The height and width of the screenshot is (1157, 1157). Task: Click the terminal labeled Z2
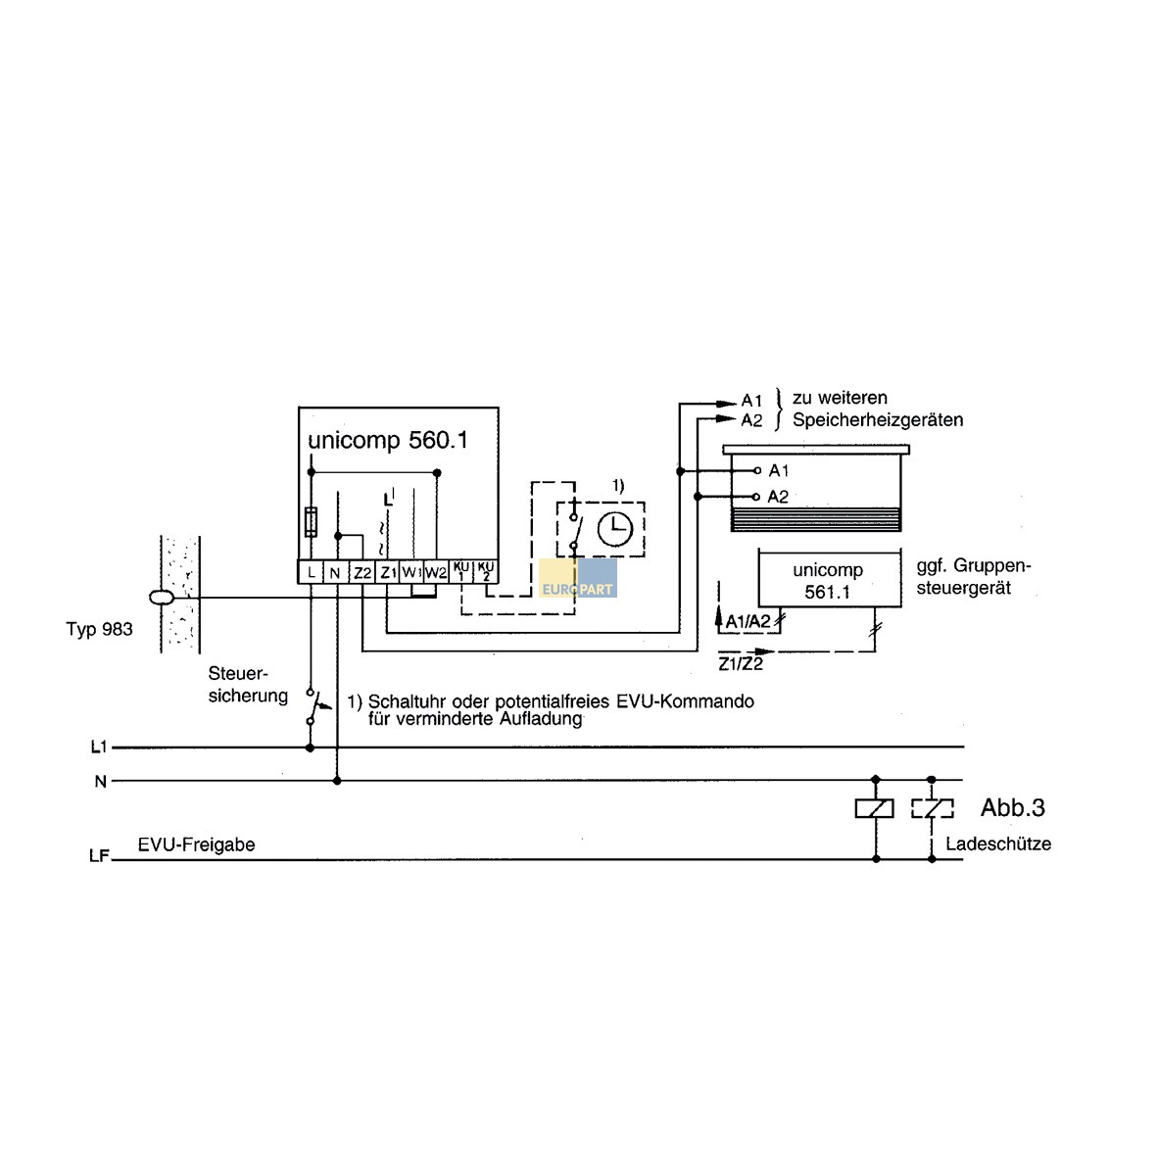(362, 572)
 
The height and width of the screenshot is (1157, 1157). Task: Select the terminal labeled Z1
(387, 572)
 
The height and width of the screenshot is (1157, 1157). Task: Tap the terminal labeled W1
(411, 572)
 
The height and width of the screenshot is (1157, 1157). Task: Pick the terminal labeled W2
(436, 572)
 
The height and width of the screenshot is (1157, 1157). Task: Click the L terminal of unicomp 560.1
(311, 572)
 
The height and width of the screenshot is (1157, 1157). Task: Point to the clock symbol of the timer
(615, 529)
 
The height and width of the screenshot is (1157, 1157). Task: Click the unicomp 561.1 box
(828, 580)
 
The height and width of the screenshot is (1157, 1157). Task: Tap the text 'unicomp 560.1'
(388, 440)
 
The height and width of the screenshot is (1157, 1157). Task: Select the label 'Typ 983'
(99, 629)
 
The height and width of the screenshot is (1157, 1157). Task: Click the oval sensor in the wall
(163, 598)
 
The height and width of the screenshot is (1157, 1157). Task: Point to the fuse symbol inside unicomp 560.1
(312, 521)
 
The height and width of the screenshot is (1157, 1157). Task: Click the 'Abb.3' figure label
(1012, 808)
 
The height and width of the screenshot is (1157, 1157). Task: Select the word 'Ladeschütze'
(998, 844)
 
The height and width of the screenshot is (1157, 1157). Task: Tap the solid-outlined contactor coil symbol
(875, 808)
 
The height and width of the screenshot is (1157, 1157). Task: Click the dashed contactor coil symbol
(932, 808)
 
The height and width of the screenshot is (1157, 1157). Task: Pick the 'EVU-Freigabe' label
(196, 844)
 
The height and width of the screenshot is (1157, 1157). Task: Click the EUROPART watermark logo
(578, 580)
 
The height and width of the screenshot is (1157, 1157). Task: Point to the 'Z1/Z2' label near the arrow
(740, 664)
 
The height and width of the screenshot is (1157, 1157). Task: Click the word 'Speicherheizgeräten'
(878, 420)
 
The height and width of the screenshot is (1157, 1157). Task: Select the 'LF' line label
(99, 856)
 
